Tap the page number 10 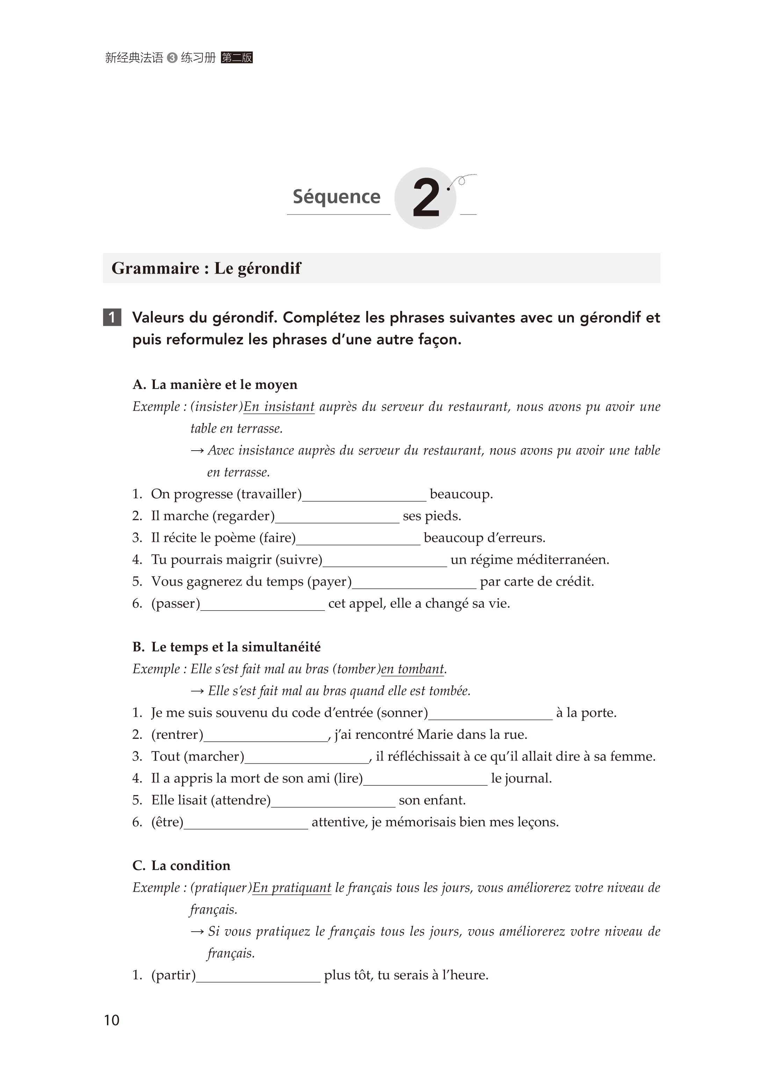(x=111, y=1020)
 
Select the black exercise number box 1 (x=112, y=317)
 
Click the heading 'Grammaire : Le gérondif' (x=206, y=268)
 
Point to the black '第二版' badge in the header (x=237, y=58)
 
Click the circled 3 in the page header (x=172, y=58)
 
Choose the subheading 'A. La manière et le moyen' (x=215, y=384)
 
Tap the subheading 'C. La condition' (x=182, y=866)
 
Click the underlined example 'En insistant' (x=279, y=407)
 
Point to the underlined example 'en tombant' (x=412, y=669)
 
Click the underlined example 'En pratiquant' (x=292, y=888)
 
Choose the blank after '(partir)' (x=258, y=975)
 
